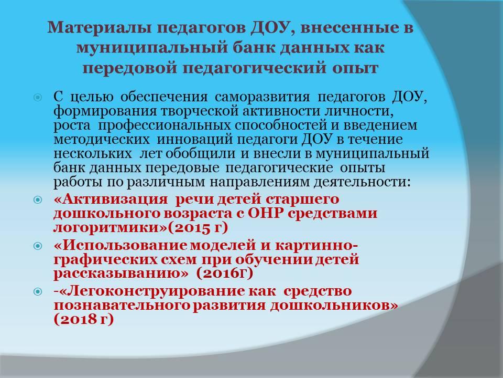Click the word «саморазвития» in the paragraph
point(263,97)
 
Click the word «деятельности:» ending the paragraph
point(362,182)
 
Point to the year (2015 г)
point(198,227)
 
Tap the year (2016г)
point(224,274)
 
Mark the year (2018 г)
point(84,320)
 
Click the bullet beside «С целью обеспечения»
point(38,97)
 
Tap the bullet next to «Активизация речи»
point(38,200)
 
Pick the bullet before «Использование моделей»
point(38,246)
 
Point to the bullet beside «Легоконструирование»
point(38,292)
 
